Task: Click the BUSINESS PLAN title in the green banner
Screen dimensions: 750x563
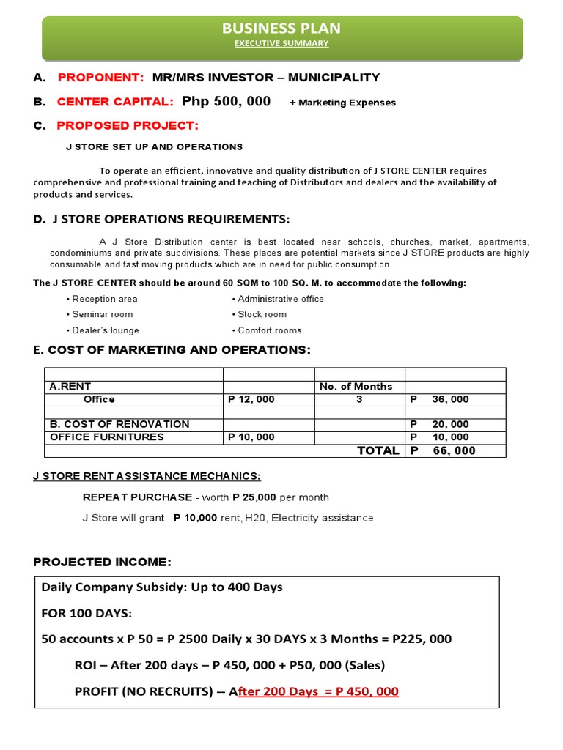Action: pos(281,29)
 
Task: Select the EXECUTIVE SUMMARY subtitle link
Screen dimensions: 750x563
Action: pos(281,44)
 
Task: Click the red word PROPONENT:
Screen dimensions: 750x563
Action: pos(100,78)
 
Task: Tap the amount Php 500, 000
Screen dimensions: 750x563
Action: pos(226,101)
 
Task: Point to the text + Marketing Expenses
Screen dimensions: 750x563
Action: pos(342,103)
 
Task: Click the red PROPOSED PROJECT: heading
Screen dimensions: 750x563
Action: pos(128,125)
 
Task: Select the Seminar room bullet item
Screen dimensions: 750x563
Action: pos(102,314)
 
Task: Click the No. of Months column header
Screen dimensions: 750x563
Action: pos(356,387)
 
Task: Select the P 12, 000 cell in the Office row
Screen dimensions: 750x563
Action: pos(251,399)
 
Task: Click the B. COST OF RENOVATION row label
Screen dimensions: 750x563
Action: pos(119,424)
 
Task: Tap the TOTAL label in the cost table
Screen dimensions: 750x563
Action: pos(378,450)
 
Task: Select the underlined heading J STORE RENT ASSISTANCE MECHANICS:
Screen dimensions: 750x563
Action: pos(147,476)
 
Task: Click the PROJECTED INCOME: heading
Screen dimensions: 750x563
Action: pos(102,562)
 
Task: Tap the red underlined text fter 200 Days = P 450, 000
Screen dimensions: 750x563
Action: pos(318,691)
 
